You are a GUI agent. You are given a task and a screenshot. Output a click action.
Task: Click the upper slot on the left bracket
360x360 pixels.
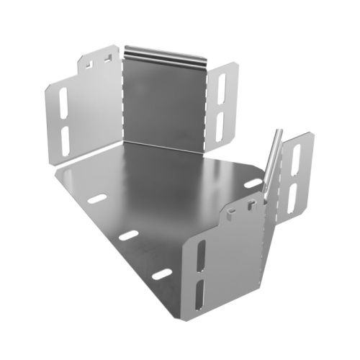(63, 102)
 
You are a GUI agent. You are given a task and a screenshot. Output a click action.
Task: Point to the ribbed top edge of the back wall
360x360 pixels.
(165, 53)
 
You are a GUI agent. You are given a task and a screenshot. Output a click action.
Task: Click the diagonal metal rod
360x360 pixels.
(272, 162)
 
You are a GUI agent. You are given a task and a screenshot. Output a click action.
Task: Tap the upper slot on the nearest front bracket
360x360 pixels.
(200, 255)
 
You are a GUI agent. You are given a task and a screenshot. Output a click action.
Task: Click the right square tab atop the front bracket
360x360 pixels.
(251, 204)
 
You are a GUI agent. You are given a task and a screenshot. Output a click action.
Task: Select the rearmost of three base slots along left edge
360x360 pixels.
(97, 198)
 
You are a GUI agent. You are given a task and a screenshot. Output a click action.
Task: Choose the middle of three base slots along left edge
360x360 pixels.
(128, 235)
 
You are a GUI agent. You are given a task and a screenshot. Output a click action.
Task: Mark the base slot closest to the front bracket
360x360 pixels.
(161, 274)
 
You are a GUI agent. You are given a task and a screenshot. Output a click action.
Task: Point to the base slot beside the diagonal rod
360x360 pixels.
(253, 183)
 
